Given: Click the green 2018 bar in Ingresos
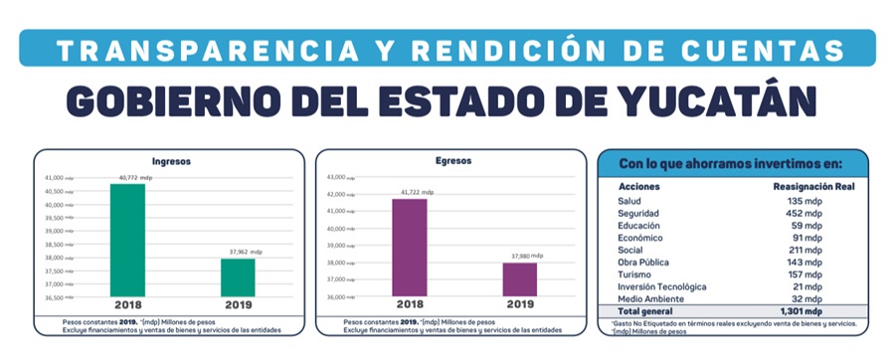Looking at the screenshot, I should click(127, 240).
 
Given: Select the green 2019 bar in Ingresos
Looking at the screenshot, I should click(238, 277).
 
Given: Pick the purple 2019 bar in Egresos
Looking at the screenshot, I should click(518, 278).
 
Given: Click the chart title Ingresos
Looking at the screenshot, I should click(171, 160).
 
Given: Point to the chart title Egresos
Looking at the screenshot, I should click(452, 160).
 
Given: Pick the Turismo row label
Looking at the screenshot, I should click(634, 274).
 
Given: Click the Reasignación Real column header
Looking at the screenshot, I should click(813, 187).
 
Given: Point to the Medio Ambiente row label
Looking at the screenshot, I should click(650, 298).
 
